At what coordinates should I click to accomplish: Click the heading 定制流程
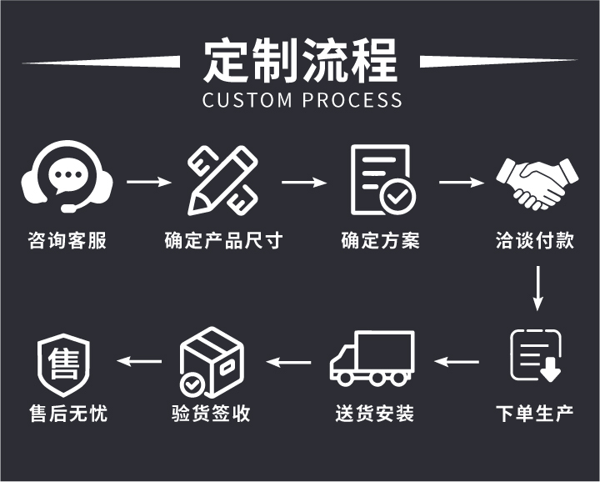(x=301, y=61)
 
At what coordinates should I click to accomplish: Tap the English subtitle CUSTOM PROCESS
(x=302, y=100)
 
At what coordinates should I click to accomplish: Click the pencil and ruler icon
(x=222, y=178)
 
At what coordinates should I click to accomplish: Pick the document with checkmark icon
(x=382, y=178)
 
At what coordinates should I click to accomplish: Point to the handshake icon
(x=536, y=183)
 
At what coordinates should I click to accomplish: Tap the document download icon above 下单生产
(x=536, y=357)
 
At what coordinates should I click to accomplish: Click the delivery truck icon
(x=373, y=359)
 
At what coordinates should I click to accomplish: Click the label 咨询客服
(x=67, y=241)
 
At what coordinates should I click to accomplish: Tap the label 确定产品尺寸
(x=223, y=241)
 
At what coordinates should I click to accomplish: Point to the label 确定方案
(x=380, y=241)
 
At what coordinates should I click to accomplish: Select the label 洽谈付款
(x=535, y=241)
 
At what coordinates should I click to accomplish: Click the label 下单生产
(x=535, y=414)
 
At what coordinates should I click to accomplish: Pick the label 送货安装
(x=375, y=414)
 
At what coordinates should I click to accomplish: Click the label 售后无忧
(x=67, y=414)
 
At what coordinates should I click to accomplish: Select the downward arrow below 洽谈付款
(x=538, y=286)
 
